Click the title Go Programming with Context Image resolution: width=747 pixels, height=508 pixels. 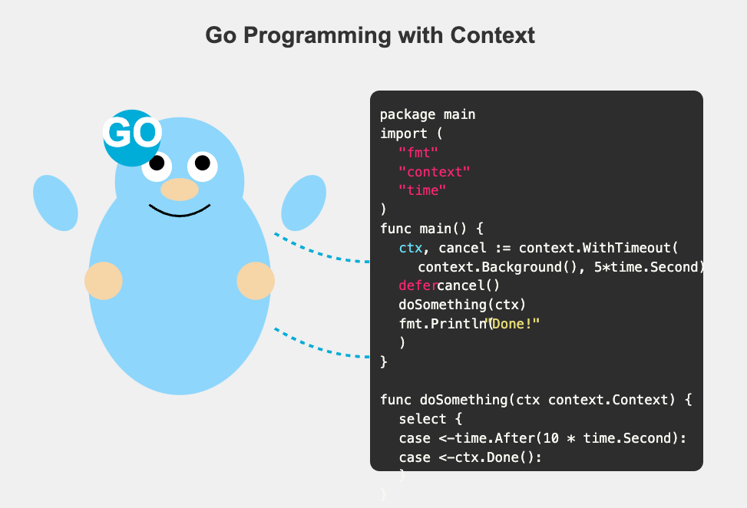[x=370, y=35]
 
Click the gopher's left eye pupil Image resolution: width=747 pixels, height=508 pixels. [x=157, y=163]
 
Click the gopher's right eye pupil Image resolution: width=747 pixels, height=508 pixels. [x=202, y=163]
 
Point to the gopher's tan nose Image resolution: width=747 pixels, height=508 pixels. [x=180, y=190]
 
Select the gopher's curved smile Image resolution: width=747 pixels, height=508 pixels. [x=180, y=212]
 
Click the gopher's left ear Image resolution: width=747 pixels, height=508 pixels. [x=55, y=203]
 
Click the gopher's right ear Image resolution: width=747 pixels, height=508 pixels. [x=304, y=203]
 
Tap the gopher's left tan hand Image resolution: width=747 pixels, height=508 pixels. [x=104, y=281]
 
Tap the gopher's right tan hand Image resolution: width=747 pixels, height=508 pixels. [x=256, y=281]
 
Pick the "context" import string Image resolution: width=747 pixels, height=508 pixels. [x=434, y=172]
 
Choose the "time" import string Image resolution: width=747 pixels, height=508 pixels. [x=422, y=190]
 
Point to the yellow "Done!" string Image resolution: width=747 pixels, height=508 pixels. [x=513, y=324]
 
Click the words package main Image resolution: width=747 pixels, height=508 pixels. [x=428, y=114]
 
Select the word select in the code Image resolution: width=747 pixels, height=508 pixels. [x=422, y=419]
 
